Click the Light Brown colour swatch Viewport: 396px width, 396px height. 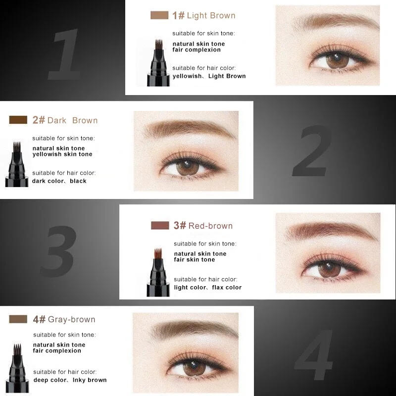pos(159,15)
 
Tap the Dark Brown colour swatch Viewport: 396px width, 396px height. pos(18,120)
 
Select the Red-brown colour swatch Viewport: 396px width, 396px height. pos(160,226)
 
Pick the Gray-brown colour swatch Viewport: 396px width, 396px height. pos(18,319)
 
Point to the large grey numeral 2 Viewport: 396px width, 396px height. pos(312,151)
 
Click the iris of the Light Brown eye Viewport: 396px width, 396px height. pos(338,61)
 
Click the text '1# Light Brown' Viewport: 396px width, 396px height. pos(203,15)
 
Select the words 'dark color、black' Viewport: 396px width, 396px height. pos(59,181)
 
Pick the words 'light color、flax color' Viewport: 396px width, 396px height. pos(208,288)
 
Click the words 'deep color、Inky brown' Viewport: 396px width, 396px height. pos(70,380)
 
